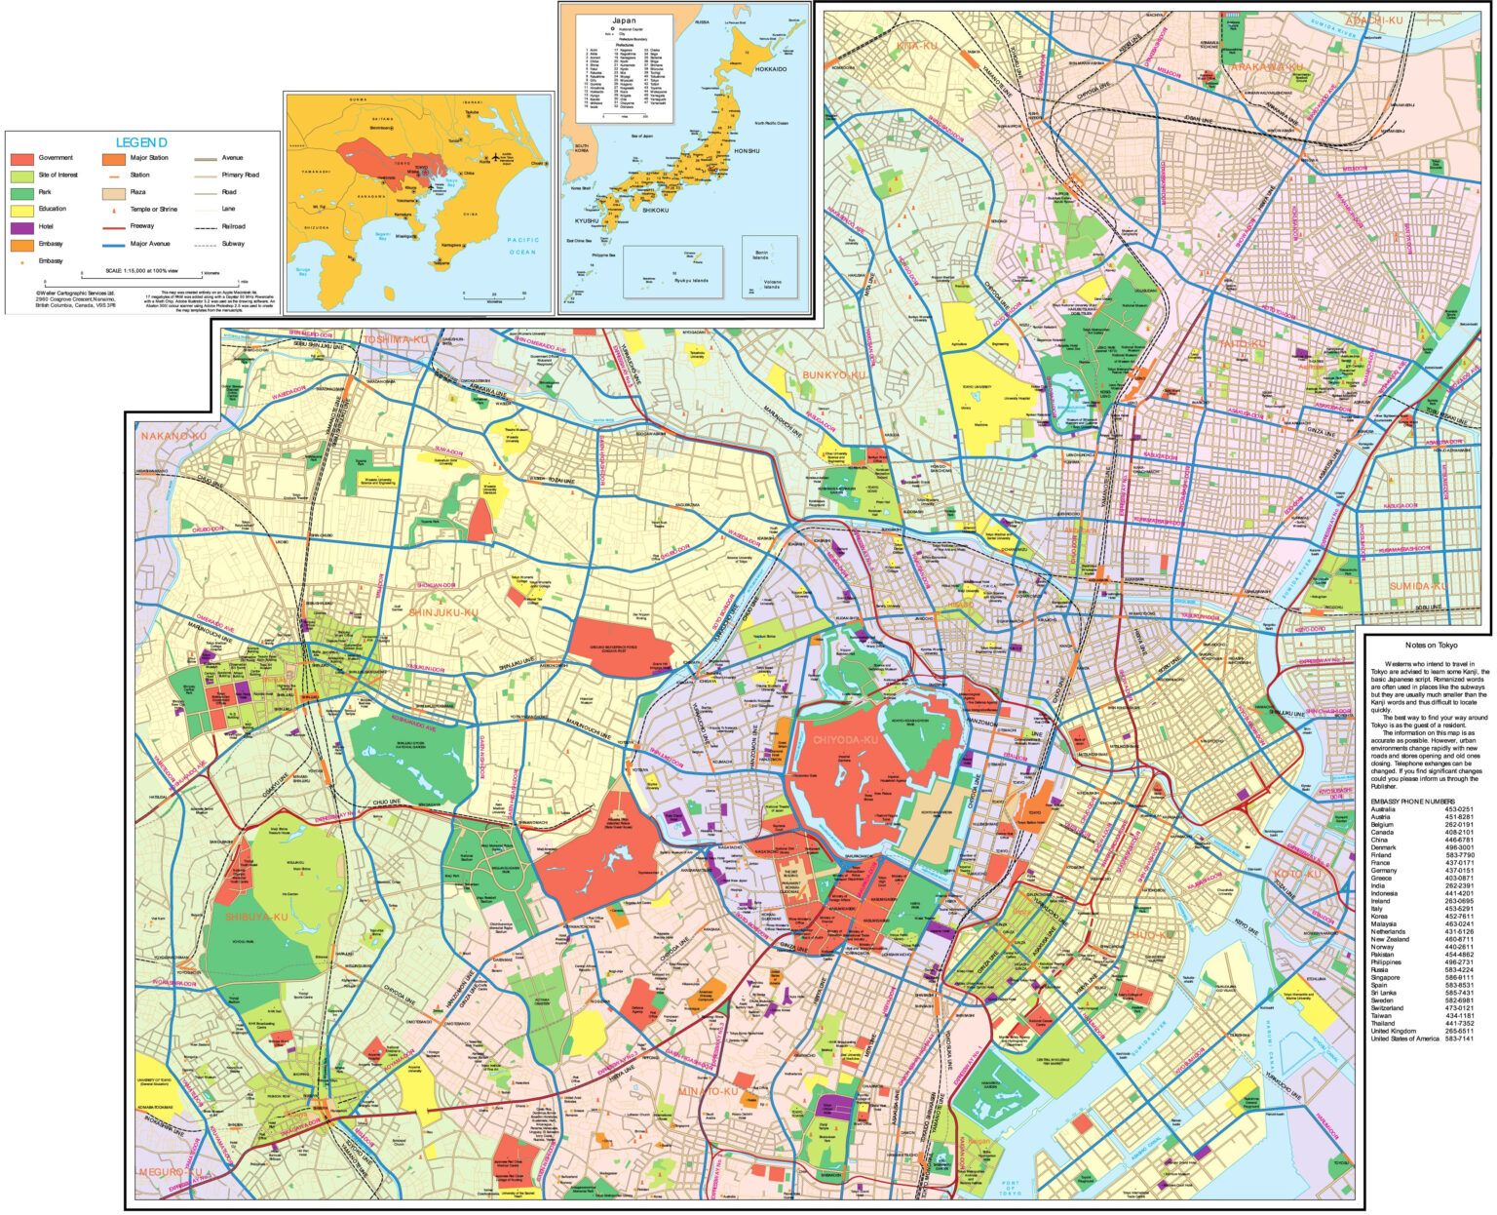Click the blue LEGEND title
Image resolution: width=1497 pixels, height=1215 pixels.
point(141,142)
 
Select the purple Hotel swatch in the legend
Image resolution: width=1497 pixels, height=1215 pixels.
point(21,226)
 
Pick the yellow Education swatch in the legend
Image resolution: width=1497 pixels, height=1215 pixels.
point(21,210)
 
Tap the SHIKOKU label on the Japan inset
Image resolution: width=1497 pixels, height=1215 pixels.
point(655,210)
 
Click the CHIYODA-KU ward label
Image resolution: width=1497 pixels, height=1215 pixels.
point(845,740)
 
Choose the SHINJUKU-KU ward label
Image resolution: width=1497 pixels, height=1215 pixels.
point(442,612)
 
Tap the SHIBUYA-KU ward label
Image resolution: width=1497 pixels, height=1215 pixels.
point(256,917)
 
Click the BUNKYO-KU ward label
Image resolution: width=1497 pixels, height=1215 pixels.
point(833,374)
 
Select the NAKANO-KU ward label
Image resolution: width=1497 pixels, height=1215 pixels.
point(173,436)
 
